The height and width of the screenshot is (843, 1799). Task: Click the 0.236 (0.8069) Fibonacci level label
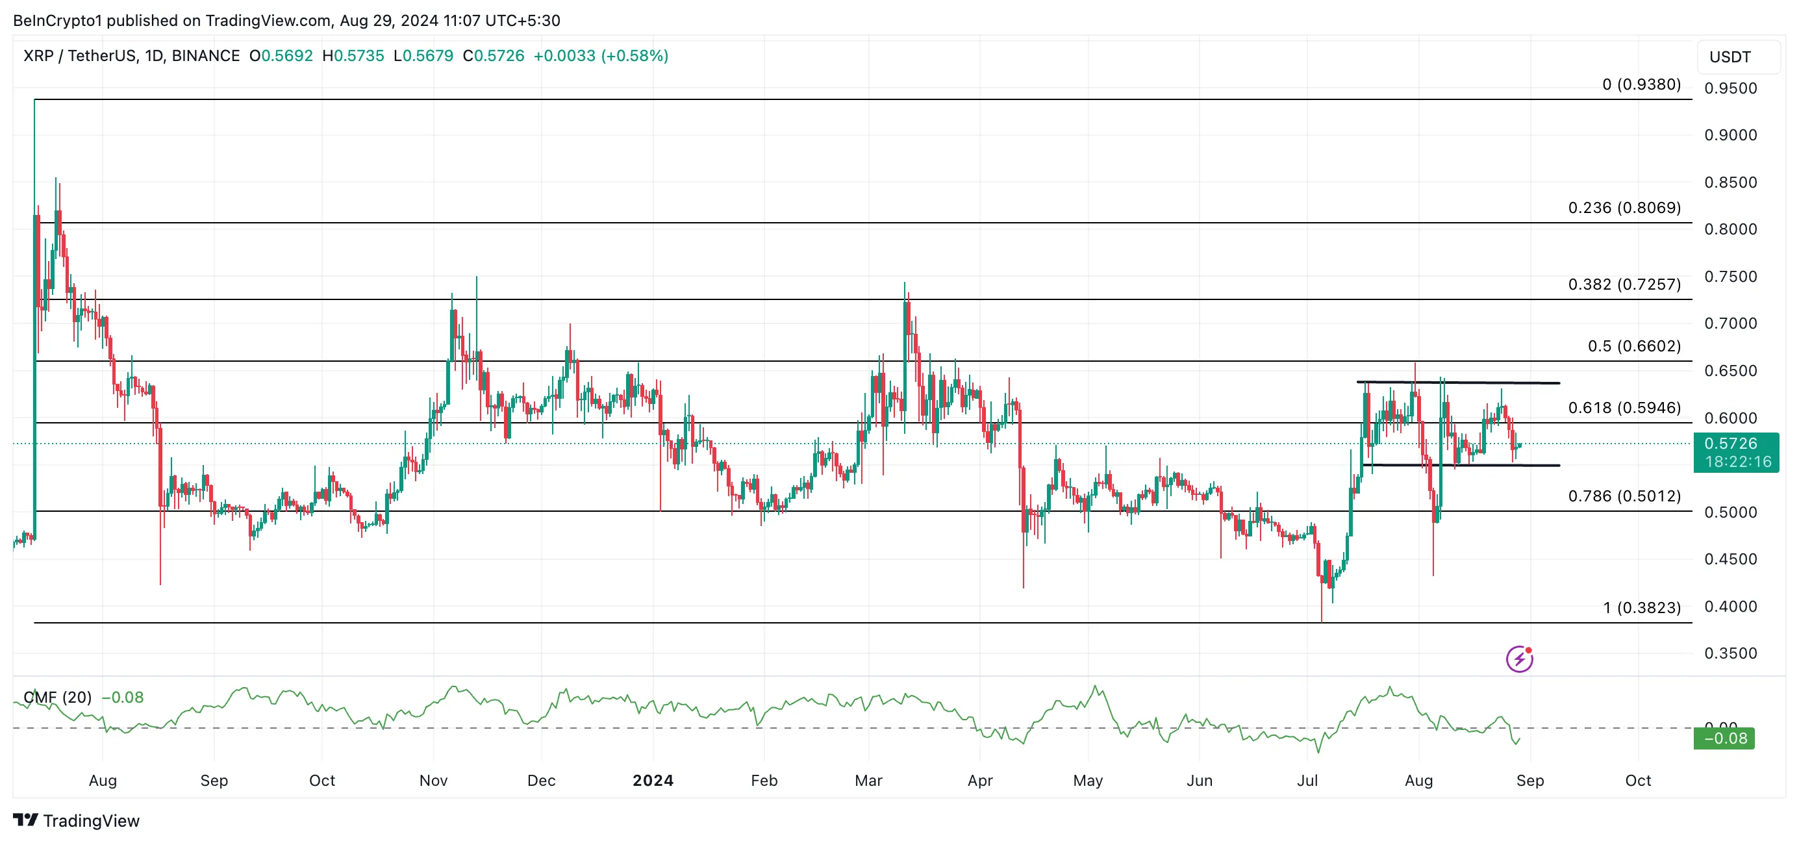point(1624,207)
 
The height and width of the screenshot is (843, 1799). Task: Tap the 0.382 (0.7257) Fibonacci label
point(1624,284)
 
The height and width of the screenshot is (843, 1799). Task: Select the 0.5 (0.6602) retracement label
point(1633,346)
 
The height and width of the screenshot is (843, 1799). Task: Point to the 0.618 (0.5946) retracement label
point(1624,407)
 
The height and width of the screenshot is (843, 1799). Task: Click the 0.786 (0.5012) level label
point(1624,496)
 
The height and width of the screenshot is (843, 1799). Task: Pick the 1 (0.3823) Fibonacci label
point(1641,608)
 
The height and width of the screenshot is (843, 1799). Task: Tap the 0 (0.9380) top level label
point(1641,84)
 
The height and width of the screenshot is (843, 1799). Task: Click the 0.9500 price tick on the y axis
point(1730,88)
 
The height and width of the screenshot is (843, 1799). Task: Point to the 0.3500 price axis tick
point(1730,653)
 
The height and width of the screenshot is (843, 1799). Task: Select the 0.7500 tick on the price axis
point(1730,277)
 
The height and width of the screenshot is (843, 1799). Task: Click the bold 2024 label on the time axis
point(652,780)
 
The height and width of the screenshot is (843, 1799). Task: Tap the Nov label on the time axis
point(433,780)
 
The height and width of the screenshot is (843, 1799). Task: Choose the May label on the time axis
point(1087,780)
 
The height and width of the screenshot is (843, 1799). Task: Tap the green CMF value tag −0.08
point(1724,738)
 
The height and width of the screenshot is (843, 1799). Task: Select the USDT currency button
point(1730,57)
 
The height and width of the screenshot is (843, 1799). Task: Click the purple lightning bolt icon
point(1519,659)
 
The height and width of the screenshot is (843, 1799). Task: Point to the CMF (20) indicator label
point(58,697)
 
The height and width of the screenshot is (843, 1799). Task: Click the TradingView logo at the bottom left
point(76,821)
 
